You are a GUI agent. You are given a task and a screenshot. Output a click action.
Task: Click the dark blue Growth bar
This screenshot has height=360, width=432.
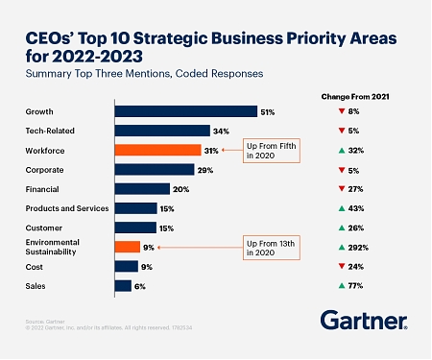point(185,111)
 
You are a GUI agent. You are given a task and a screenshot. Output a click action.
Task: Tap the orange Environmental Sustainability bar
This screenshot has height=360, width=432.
point(127,247)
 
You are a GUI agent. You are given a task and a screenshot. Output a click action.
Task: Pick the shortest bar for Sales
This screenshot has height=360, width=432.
point(123,285)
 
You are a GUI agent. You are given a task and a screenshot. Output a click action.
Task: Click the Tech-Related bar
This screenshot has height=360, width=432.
point(162,131)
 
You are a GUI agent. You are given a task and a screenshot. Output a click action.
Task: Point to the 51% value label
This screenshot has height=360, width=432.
point(268,112)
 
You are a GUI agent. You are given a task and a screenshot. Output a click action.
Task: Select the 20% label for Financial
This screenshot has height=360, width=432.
point(180,189)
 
